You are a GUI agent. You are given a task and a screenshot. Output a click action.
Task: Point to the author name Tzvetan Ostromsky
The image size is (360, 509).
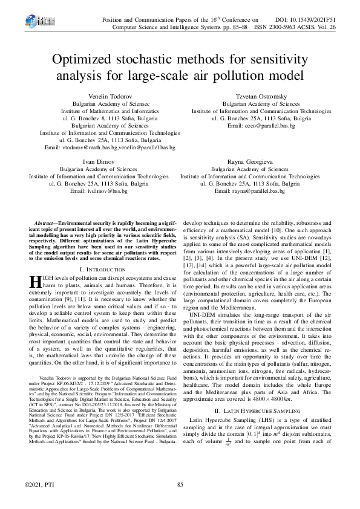click(x=252, y=97)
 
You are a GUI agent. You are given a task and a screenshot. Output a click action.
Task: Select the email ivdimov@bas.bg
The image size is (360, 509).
click(x=99, y=191)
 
